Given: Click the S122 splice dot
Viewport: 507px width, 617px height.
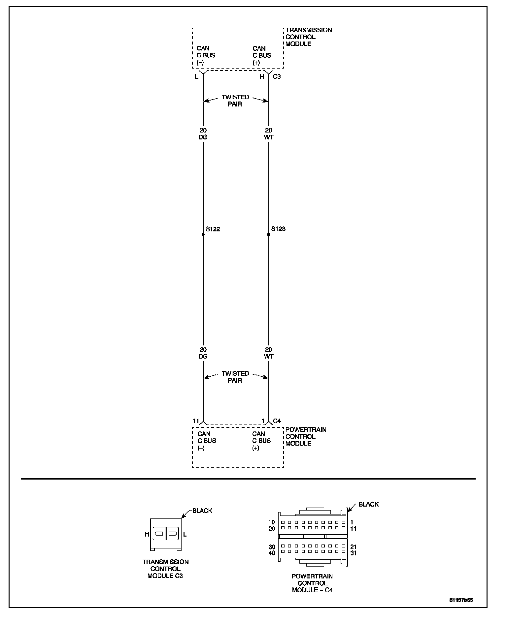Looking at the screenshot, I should pyautogui.click(x=203, y=234).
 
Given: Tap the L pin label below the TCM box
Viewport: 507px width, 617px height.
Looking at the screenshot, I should pyautogui.click(x=197, y=77).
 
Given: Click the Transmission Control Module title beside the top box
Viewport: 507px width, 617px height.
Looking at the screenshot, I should pyautogui.click(x=309, y=37).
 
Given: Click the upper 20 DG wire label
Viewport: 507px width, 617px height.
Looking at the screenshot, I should pyautogui.click(x=203, y=134).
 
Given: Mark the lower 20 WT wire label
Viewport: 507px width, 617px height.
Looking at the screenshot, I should pyautogui.click(x=269, y=353).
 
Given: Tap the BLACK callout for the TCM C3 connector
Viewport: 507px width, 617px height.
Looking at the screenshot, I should pyautogui.click(x=202, y=511).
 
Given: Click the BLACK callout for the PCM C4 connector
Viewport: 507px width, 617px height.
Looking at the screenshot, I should pyautogui.click(x=369, y=504).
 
